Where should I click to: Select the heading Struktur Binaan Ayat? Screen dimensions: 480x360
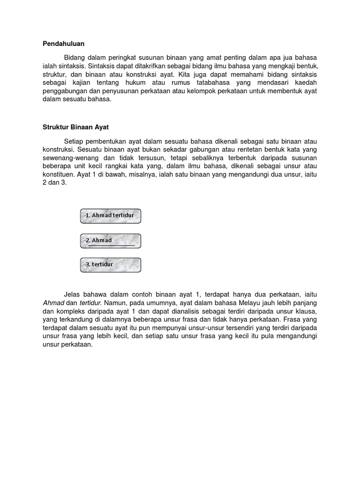point(75,127)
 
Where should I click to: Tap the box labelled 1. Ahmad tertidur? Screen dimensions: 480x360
point(111,216)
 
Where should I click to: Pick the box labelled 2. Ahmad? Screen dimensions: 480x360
point(111,240)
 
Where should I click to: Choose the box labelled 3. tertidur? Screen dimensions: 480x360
point(111,265)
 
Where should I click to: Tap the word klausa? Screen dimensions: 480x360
point(307,311)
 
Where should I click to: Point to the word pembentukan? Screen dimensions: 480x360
point(107,141)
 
